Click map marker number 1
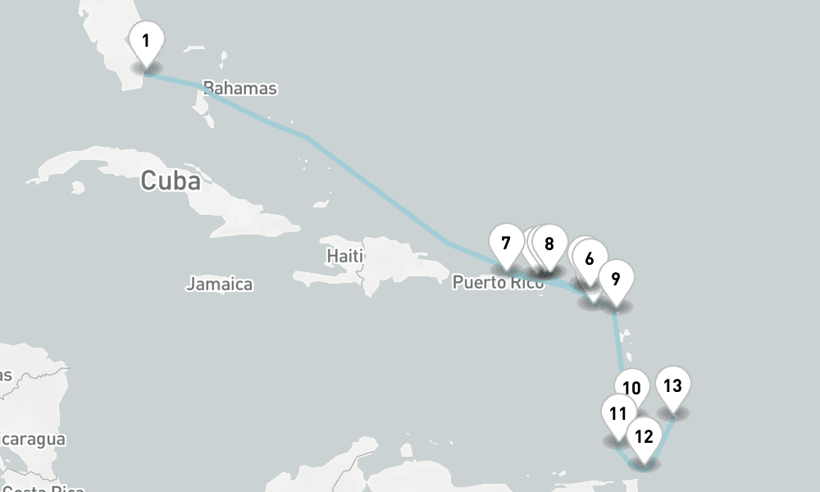[146, 41]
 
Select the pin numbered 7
[506, 244]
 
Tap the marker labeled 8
[549, 244]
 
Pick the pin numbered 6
[590, 258]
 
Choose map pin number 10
[631, 389]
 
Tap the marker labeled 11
[618, 413]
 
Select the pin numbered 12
[644, 436]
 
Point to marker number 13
[672, 386]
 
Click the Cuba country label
[170, 180]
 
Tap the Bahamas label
[239, 88]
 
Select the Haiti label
[344, 256]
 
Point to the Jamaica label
[219, 285]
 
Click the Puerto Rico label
[497, 283]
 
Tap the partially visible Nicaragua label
[33, 440]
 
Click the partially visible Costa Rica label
[41, 489]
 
